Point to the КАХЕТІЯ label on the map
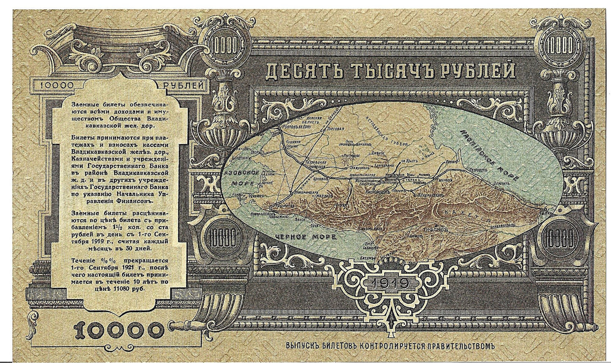469,215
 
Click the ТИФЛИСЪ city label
434,229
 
